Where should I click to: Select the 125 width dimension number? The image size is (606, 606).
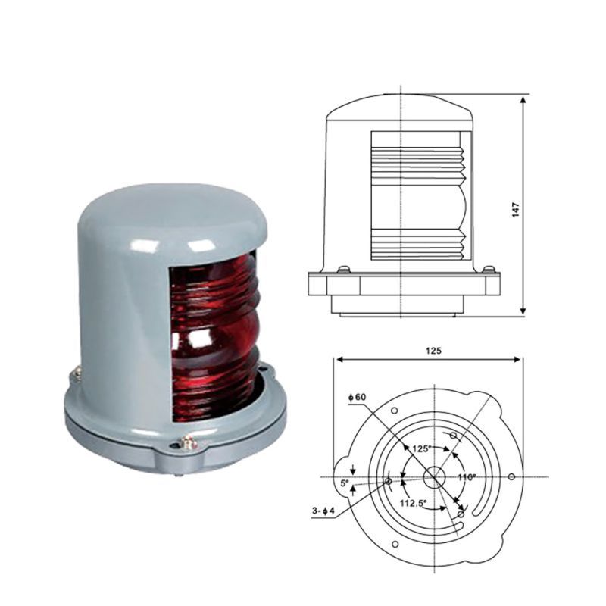coord(433,350)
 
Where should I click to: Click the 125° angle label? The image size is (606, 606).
coord(421,448)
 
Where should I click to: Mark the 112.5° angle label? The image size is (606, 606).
coord(413,502)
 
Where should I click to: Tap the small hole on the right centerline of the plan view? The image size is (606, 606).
coord(512,476)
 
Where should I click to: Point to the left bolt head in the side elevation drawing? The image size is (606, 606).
coord(344,270)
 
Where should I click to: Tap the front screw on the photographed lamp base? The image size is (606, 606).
coord(185,445)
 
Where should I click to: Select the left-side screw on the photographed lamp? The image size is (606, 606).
coord(76,374)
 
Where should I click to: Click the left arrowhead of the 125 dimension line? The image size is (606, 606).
coord(336,361)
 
